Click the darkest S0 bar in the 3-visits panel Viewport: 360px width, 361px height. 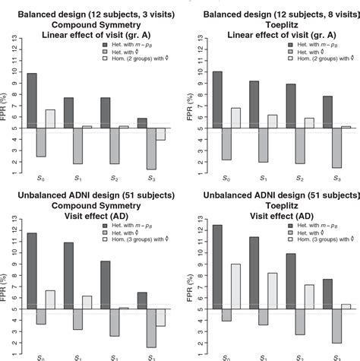coord(32,100)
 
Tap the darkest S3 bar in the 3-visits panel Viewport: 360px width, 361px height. coord(144,123)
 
